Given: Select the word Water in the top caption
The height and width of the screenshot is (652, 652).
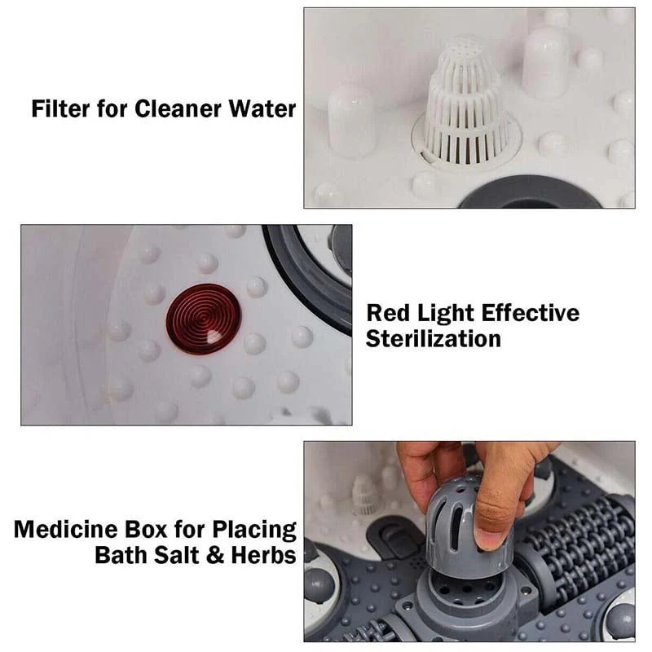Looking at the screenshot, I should (266, 108).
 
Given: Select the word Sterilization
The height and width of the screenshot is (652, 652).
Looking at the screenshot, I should (433, 339).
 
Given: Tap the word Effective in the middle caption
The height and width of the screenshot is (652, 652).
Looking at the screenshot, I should (531, 314).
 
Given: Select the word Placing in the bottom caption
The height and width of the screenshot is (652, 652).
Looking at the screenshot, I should (254, 531).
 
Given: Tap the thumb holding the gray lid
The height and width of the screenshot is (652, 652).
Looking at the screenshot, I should (493, 522).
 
